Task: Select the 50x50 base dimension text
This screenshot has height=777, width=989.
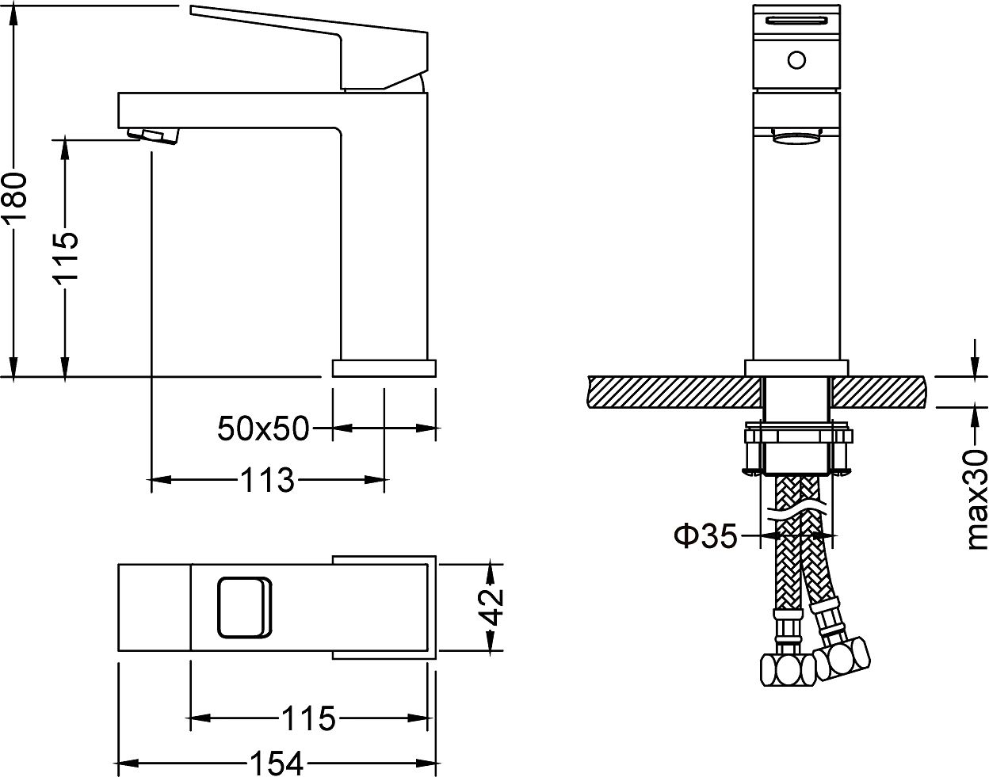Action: [263, 429]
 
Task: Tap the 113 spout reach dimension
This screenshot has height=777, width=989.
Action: [265, 479]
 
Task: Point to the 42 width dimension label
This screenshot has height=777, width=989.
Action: [494, 608]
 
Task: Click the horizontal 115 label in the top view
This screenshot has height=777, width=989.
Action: [308, 718]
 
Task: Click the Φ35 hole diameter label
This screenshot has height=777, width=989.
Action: [705, 536]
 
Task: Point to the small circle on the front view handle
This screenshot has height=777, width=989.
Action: [796, 59]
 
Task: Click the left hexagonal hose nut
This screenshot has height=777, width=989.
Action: [788, 672]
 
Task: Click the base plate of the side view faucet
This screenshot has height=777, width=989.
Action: [384, 368]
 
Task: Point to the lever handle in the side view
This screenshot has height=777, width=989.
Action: [317, 44]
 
